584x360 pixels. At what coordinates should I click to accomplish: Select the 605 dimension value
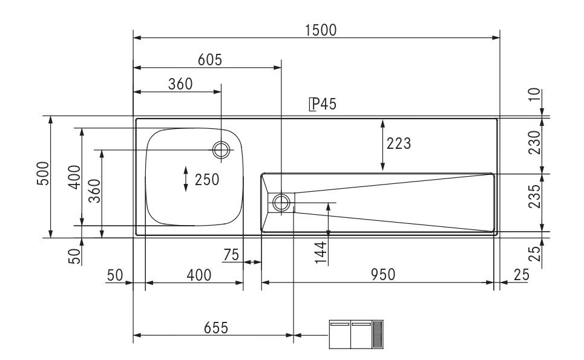210,59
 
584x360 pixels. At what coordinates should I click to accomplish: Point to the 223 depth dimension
399,144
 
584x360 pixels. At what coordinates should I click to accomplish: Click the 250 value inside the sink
206,179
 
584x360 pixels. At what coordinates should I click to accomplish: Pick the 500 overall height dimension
42,175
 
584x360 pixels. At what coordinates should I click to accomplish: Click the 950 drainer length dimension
383,275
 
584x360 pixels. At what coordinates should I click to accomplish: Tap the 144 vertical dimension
321,251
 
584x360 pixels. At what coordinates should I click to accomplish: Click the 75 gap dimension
231,255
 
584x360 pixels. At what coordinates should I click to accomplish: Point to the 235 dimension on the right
534,197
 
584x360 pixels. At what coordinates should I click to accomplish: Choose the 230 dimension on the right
534,143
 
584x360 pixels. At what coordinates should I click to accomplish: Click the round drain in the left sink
221,149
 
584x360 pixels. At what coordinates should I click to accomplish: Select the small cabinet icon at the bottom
356,335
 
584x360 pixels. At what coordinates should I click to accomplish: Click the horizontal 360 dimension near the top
180,84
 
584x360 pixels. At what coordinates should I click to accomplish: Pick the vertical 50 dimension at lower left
75,256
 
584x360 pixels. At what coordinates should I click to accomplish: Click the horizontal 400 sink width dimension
199,275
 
